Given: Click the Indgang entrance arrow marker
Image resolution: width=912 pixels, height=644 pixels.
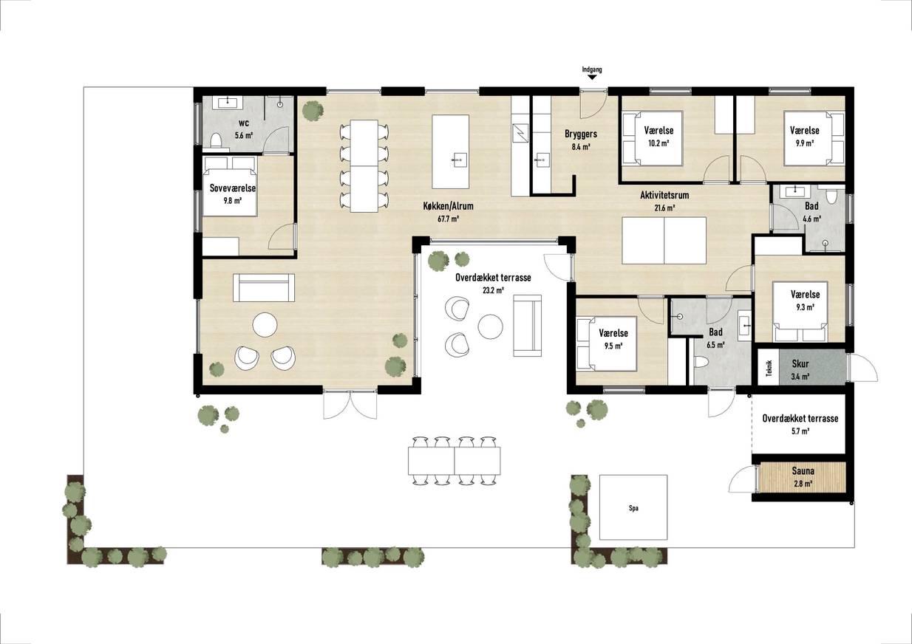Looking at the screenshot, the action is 592,77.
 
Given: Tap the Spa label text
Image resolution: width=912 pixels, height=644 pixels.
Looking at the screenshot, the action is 633,508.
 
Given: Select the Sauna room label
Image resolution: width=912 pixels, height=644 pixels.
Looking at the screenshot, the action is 803,471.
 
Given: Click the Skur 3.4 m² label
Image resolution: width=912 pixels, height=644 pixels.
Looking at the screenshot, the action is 800,369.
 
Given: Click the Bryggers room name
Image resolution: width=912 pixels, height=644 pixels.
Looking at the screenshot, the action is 581,134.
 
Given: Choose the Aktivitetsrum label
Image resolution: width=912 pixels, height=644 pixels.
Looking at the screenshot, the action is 664,195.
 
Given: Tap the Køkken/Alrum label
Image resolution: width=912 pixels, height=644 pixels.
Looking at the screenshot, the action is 448,206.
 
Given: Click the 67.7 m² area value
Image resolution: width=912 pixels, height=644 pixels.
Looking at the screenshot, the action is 448,219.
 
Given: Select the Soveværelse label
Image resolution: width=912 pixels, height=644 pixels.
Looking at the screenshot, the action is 233,188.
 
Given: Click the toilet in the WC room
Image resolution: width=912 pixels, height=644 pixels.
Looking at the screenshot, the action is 216,141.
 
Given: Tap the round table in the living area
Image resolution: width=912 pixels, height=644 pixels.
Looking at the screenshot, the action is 265,324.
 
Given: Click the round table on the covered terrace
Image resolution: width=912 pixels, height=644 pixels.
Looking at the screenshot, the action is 490,326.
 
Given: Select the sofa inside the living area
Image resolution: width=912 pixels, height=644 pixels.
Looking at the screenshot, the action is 263,287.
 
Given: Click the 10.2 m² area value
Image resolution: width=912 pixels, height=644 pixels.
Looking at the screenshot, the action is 659,143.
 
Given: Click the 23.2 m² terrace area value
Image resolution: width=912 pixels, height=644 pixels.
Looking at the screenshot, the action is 493,290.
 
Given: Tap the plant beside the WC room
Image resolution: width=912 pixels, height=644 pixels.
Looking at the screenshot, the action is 313,111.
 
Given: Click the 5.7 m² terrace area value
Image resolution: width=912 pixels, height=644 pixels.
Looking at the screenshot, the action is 800,431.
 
